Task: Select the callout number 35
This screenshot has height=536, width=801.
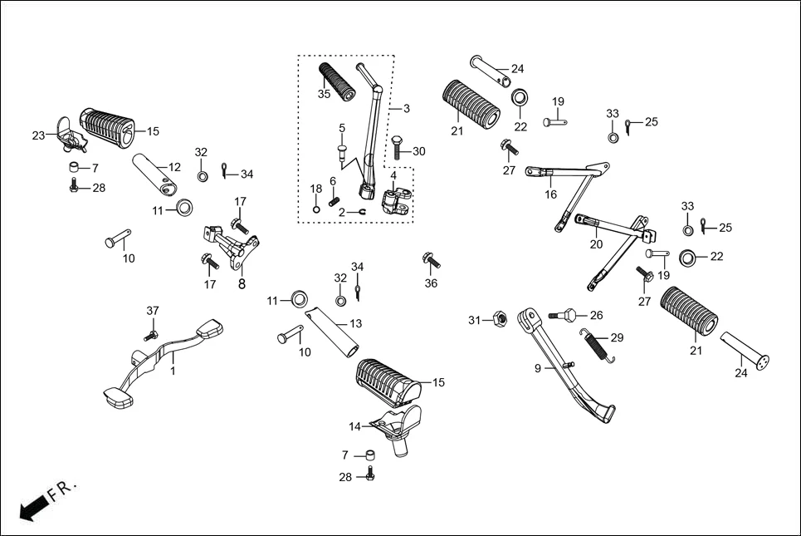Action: point(324,94)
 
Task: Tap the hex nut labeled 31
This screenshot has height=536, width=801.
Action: point(500,319)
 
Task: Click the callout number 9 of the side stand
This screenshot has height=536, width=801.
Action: point(537,367)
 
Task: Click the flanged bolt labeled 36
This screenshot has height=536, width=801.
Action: point(429,259)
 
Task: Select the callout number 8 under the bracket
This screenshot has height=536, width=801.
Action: point(242,283)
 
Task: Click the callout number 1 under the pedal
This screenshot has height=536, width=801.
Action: point(173,371)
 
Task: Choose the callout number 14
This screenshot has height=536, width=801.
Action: point(354,426)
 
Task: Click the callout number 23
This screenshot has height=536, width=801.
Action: point(38,135)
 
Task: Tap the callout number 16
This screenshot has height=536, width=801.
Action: point(550,194)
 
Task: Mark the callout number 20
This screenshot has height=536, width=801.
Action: point(596,244)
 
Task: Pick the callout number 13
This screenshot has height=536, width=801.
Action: point(355,323)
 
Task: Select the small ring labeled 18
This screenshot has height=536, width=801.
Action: point(315,209)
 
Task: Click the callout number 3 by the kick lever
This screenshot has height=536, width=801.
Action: point(406,109)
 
